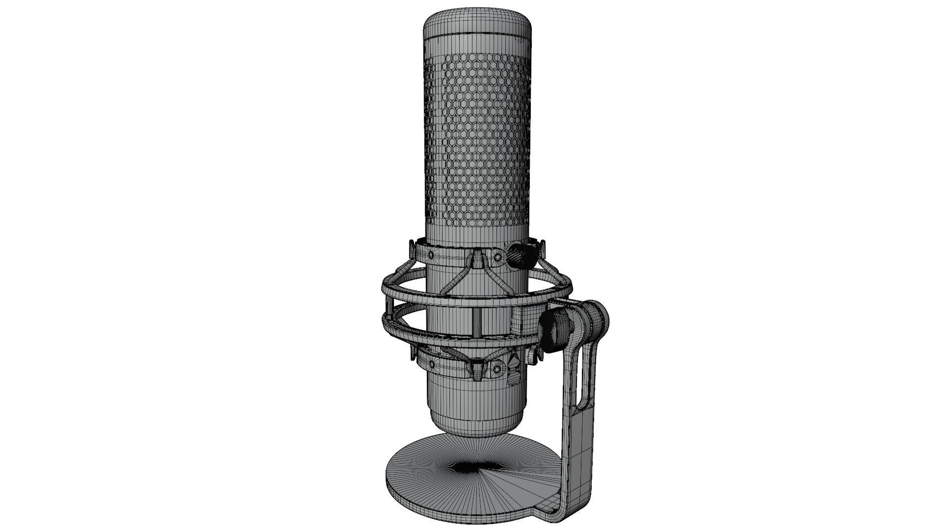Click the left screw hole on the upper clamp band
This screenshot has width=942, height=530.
[431, 255]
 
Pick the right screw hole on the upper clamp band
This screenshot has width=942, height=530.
[498, 257]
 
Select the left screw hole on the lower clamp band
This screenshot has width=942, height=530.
[432, 365]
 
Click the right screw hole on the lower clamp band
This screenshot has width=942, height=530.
[497, 369]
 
